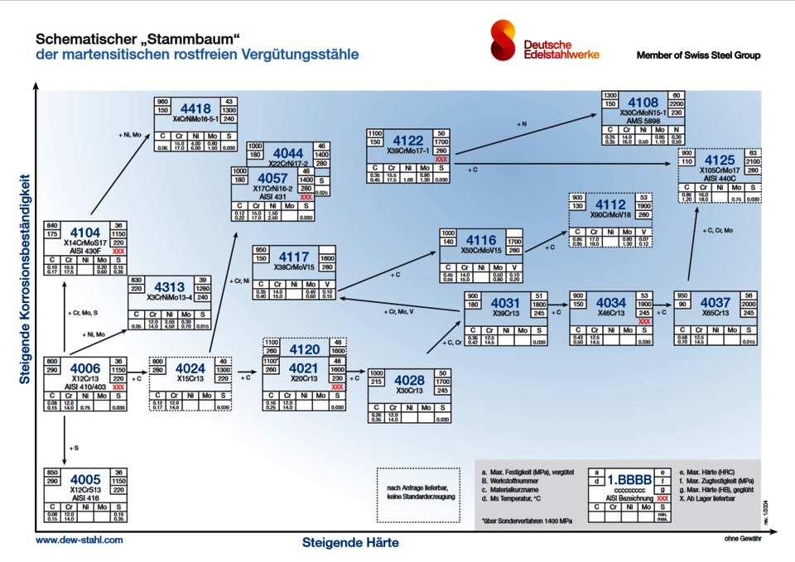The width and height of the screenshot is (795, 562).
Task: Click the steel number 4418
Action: coord(195,108)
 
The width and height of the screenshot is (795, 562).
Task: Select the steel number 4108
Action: coord(643,103)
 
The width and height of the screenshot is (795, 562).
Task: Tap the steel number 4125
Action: coord(720,160)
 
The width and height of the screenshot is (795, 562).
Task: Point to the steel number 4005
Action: coord(85,479)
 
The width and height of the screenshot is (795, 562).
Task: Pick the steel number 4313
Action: coord(167,287)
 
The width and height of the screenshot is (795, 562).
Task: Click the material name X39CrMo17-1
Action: coord(408,151)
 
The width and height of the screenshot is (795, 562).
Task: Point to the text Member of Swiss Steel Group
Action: coord(698,55)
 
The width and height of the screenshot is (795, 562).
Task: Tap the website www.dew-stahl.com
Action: coord(79,539)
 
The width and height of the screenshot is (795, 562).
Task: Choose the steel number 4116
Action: coord(481,240)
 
